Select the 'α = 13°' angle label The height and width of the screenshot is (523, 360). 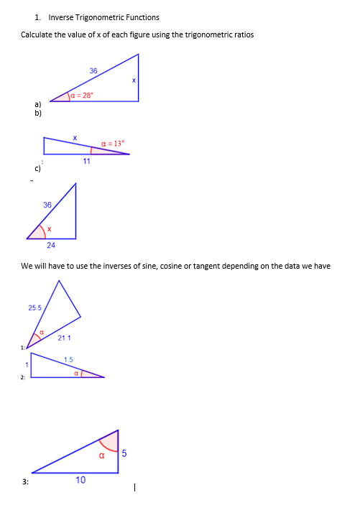click(114, 143)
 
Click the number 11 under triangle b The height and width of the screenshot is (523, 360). click(86, 161)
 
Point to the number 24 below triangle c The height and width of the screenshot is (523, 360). click(51, 246)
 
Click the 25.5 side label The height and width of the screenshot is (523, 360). click(34, 307)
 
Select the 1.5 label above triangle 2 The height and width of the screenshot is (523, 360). click(68, 359)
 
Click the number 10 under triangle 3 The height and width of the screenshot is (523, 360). click(80, 480)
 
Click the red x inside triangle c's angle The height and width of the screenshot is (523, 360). click(48, 229)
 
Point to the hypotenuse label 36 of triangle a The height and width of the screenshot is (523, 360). click(93, 70)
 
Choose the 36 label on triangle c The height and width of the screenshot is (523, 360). click(47, 205)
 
